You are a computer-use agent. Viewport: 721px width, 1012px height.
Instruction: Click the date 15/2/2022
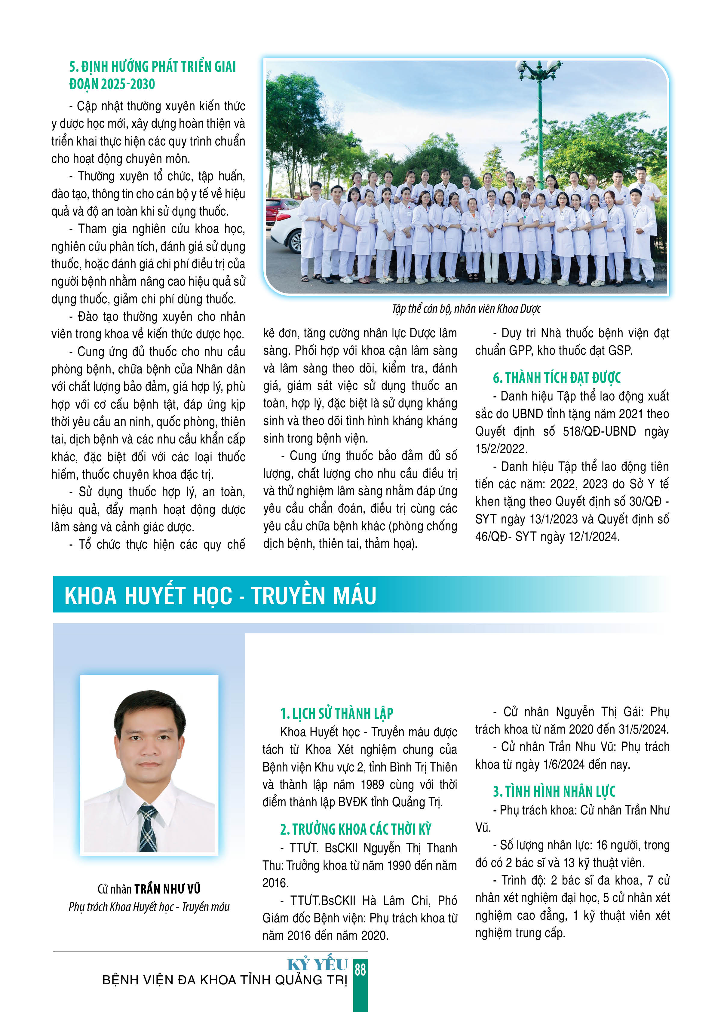click(501, 449)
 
